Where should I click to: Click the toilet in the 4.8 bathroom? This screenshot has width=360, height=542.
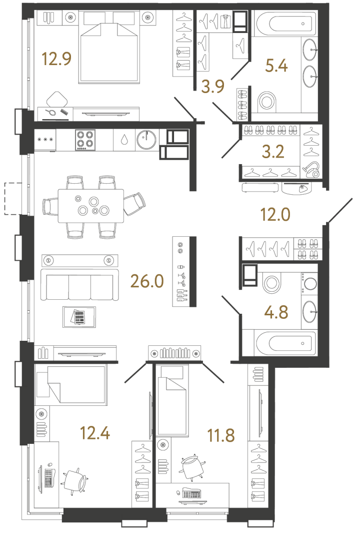[272, 283]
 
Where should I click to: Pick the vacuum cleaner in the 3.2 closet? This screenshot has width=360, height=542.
[311, 170]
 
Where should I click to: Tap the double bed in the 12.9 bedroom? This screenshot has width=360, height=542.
[110, 50]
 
